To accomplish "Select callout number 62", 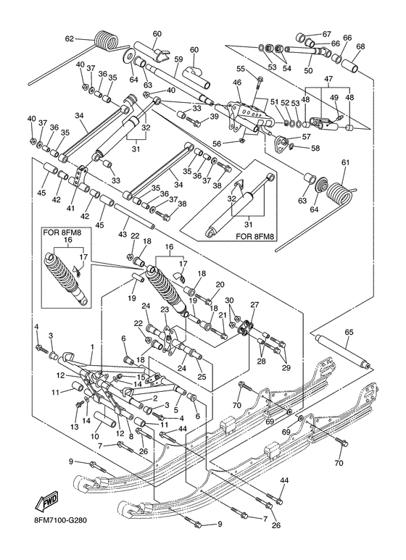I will point(70,38).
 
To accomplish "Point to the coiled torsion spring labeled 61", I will point(339,191).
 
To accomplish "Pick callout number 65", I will point(349,333).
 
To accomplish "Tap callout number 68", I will point(361,47).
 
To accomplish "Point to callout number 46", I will point(237,83).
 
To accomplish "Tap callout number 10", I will point(94,437).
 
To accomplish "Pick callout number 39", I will point(215,116).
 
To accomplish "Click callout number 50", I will point(308,70).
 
